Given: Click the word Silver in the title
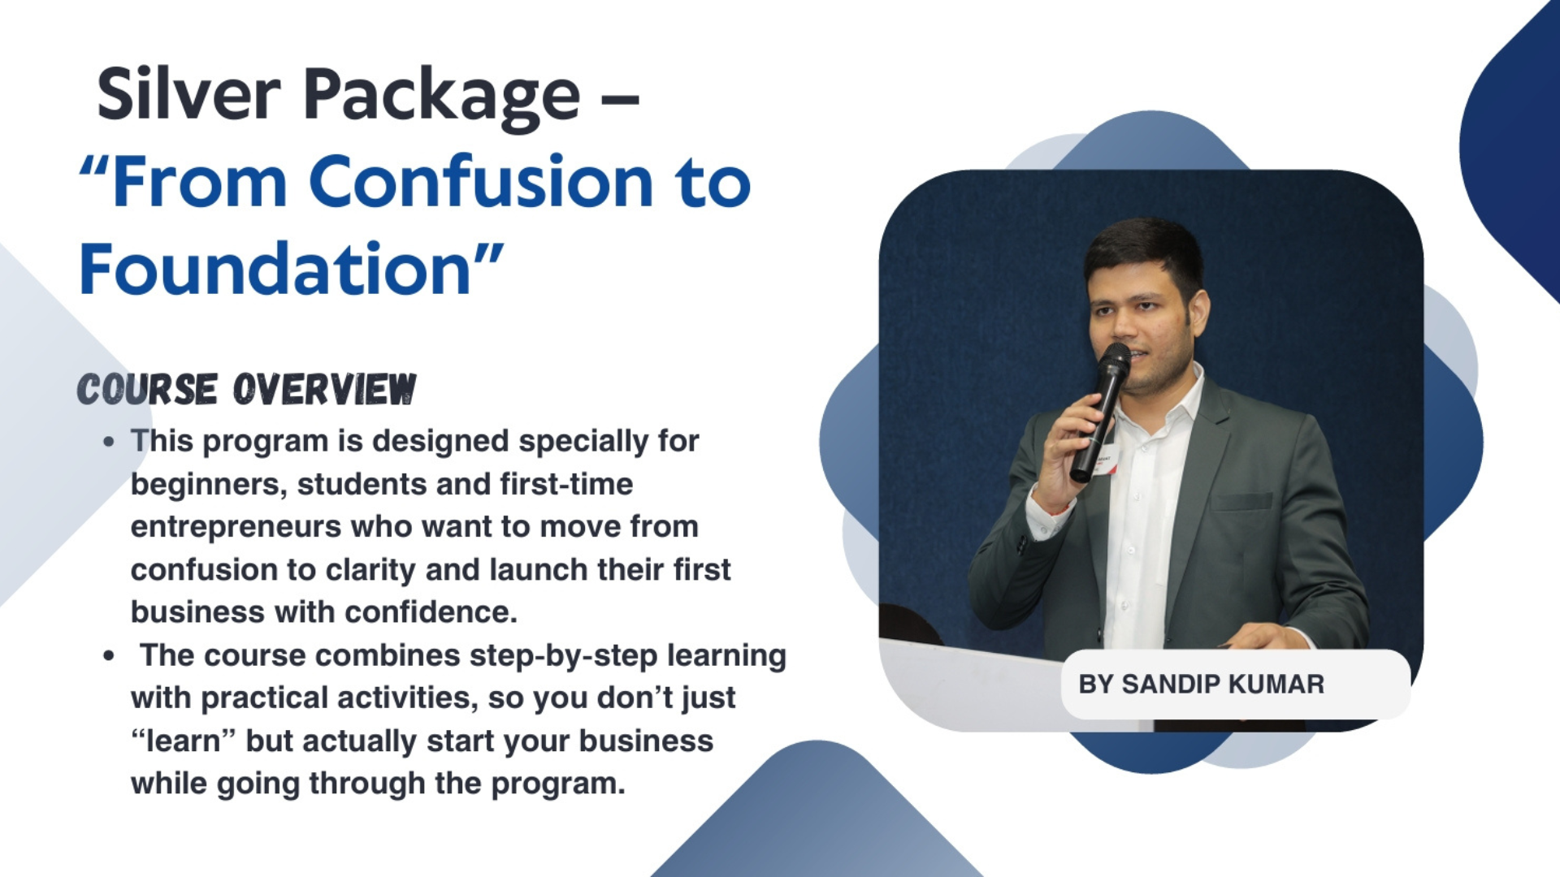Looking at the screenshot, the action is coord(188,94).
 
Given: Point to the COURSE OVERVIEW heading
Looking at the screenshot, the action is coord(246,390).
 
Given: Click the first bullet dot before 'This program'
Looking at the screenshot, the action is coord(109,443).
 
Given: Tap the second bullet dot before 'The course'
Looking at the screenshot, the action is coord(109,656).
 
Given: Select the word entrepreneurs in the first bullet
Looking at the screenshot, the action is coord(236,528).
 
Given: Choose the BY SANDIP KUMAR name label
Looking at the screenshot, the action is coord(1201,685).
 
